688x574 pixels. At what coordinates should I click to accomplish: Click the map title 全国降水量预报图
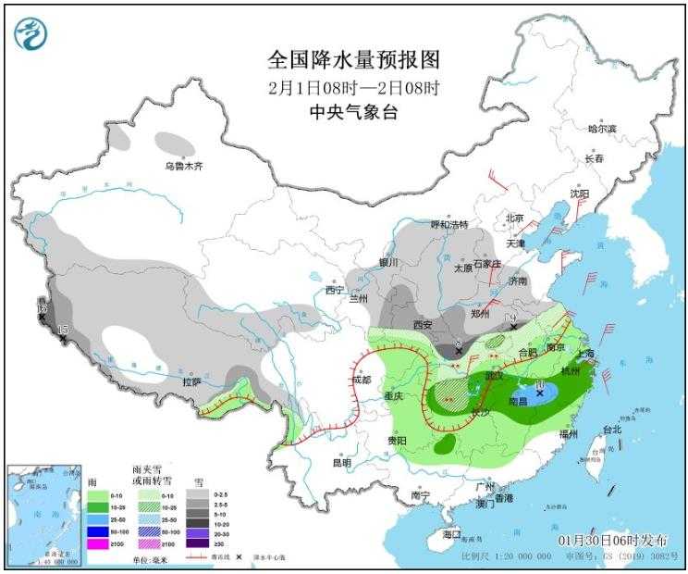click(x=354, y=60)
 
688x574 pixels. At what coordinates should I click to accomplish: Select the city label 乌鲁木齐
click(x=183, y=166)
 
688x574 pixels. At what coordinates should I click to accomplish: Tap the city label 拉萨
click(x=191, y=381)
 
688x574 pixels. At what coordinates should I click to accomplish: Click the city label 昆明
click(x=341, y=462)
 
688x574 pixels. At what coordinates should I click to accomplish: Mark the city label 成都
click(x=361, y=380)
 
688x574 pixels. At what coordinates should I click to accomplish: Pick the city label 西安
click(x=424, y=325)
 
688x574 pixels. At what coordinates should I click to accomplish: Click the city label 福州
click(x=568, y=433)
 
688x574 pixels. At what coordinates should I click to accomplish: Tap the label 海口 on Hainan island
click(x=451, y=535)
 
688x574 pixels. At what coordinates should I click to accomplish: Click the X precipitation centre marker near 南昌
click(x=540, y=393)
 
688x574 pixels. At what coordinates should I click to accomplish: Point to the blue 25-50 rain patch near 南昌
click(x=544, y=395)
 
